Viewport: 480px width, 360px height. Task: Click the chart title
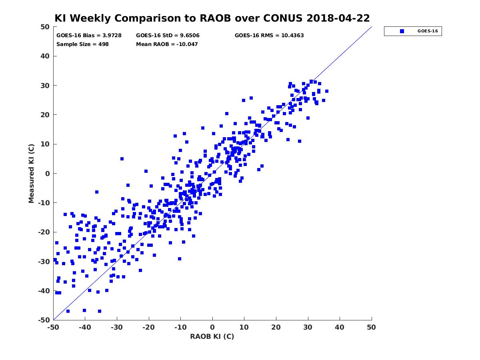coord(212,18)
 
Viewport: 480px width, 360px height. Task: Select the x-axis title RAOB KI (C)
coord(212,336)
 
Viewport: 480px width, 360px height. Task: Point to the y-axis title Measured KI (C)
coord(31,173)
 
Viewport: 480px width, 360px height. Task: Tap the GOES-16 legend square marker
coord(402,31)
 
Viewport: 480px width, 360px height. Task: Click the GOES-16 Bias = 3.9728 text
coord(89,36)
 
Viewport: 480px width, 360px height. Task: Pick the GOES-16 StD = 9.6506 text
coord(168,36)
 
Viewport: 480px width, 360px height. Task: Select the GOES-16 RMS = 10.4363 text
coord(269,36)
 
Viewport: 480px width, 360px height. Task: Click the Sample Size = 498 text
coord(82,44)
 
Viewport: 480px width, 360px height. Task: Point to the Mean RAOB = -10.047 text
coord(167,44)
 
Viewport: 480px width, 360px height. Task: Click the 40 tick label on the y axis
coord(45,56)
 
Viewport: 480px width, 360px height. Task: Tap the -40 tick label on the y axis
coord(44,291)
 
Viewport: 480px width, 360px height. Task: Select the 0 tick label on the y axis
coord(48,174)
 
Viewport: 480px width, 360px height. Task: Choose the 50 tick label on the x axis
coord(371,327)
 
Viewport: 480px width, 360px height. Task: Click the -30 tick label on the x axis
coord(117,327)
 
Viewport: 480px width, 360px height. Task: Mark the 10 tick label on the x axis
coord(244,327)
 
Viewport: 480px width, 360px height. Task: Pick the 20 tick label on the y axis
coord(45,115)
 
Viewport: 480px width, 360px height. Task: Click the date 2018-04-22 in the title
coord(338,18)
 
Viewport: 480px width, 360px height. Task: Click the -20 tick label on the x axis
coord(148,327)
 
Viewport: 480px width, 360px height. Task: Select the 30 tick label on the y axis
coord(45,86)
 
